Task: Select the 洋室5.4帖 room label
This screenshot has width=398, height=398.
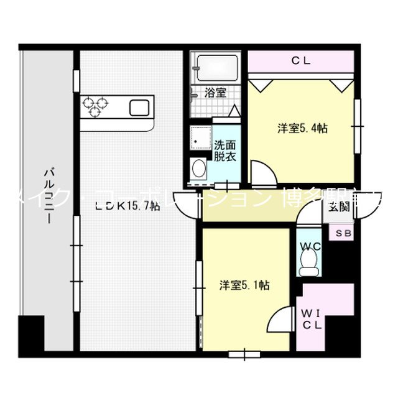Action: pos(302,129)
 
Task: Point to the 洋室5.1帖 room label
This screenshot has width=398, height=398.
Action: pos(244,285)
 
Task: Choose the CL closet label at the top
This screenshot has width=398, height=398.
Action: pos(302,60)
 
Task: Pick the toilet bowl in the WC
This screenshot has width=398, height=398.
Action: pos(309,266)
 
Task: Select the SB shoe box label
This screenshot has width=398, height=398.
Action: pos(343,234)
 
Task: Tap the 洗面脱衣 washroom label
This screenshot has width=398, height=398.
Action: pos(224,151)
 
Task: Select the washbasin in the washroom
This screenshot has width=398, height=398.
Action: pos(199,169)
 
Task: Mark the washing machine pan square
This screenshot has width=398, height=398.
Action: pos(201,138)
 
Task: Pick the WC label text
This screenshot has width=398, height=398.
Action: pos(310,246)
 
